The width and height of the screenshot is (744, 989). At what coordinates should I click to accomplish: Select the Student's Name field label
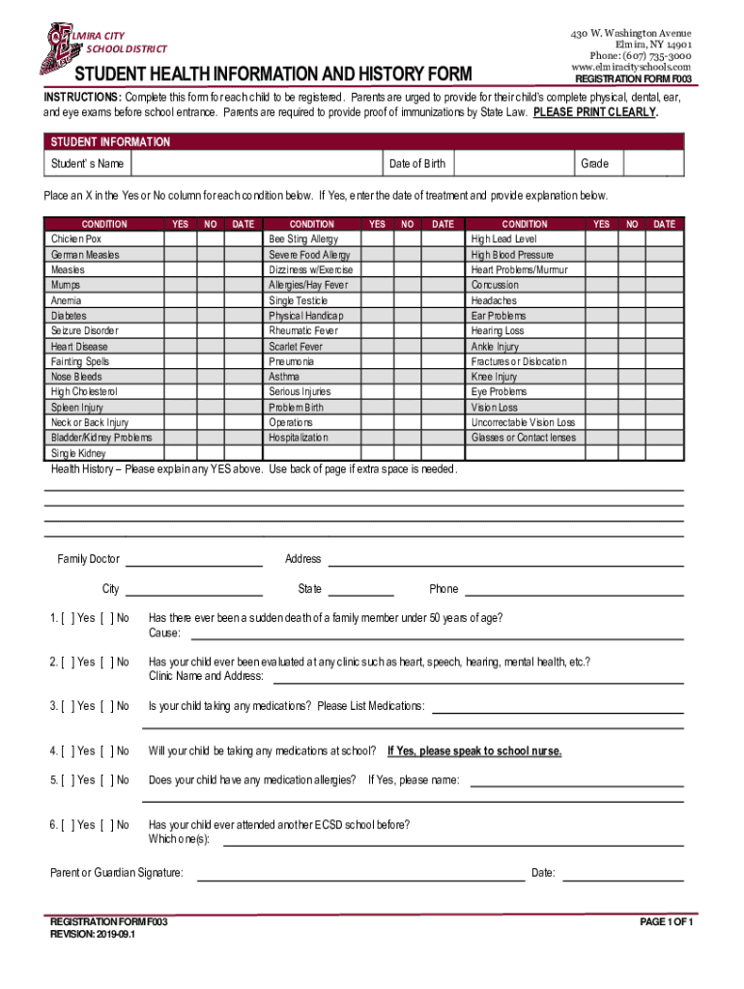click(x=87, y=164)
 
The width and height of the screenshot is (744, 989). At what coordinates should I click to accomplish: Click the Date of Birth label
click(x=416, y=164)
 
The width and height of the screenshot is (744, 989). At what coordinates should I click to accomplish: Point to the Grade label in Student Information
click(x=594, y=164)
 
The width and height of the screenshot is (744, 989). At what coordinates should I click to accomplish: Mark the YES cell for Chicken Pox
click(x=180, y=239)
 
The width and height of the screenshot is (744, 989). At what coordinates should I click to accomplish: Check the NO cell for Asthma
click(x=408, y=377)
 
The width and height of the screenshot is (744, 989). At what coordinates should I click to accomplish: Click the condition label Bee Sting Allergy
click(x=302, y=239)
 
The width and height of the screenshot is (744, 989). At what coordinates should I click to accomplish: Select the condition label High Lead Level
click(x=503, y=239)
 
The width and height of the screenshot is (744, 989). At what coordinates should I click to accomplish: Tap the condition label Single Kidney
click(x=78, y=453)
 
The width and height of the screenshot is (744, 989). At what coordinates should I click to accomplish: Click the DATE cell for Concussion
click(x=664, y=285)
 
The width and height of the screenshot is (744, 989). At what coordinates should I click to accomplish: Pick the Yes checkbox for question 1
click(x=67, y=618)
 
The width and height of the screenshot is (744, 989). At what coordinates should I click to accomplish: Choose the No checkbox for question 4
click(x=106, y=750)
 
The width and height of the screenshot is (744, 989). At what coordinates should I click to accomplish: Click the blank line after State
click(x=360, y=589)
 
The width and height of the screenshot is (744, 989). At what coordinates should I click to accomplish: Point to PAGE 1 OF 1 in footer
click(x=667, y=922)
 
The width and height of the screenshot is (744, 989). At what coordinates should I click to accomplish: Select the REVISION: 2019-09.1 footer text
click(x=93, y=935)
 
